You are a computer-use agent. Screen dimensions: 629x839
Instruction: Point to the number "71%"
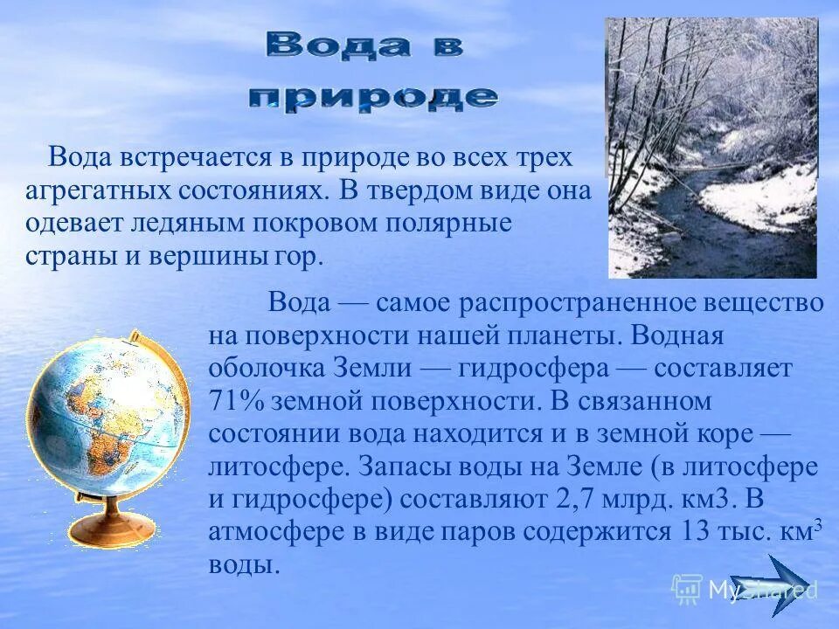pyautogui.click(x=238, y=401)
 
